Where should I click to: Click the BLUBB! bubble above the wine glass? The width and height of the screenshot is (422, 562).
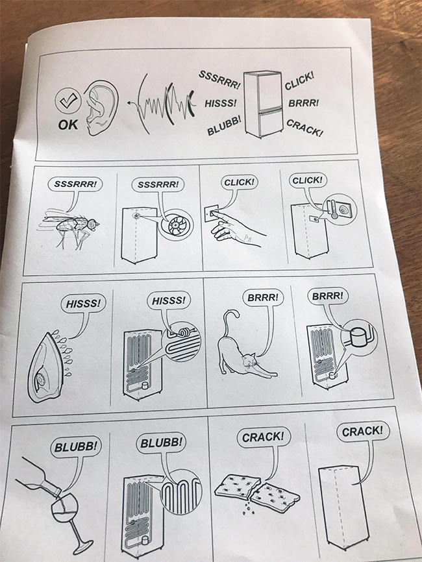click(x=77, y=446)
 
